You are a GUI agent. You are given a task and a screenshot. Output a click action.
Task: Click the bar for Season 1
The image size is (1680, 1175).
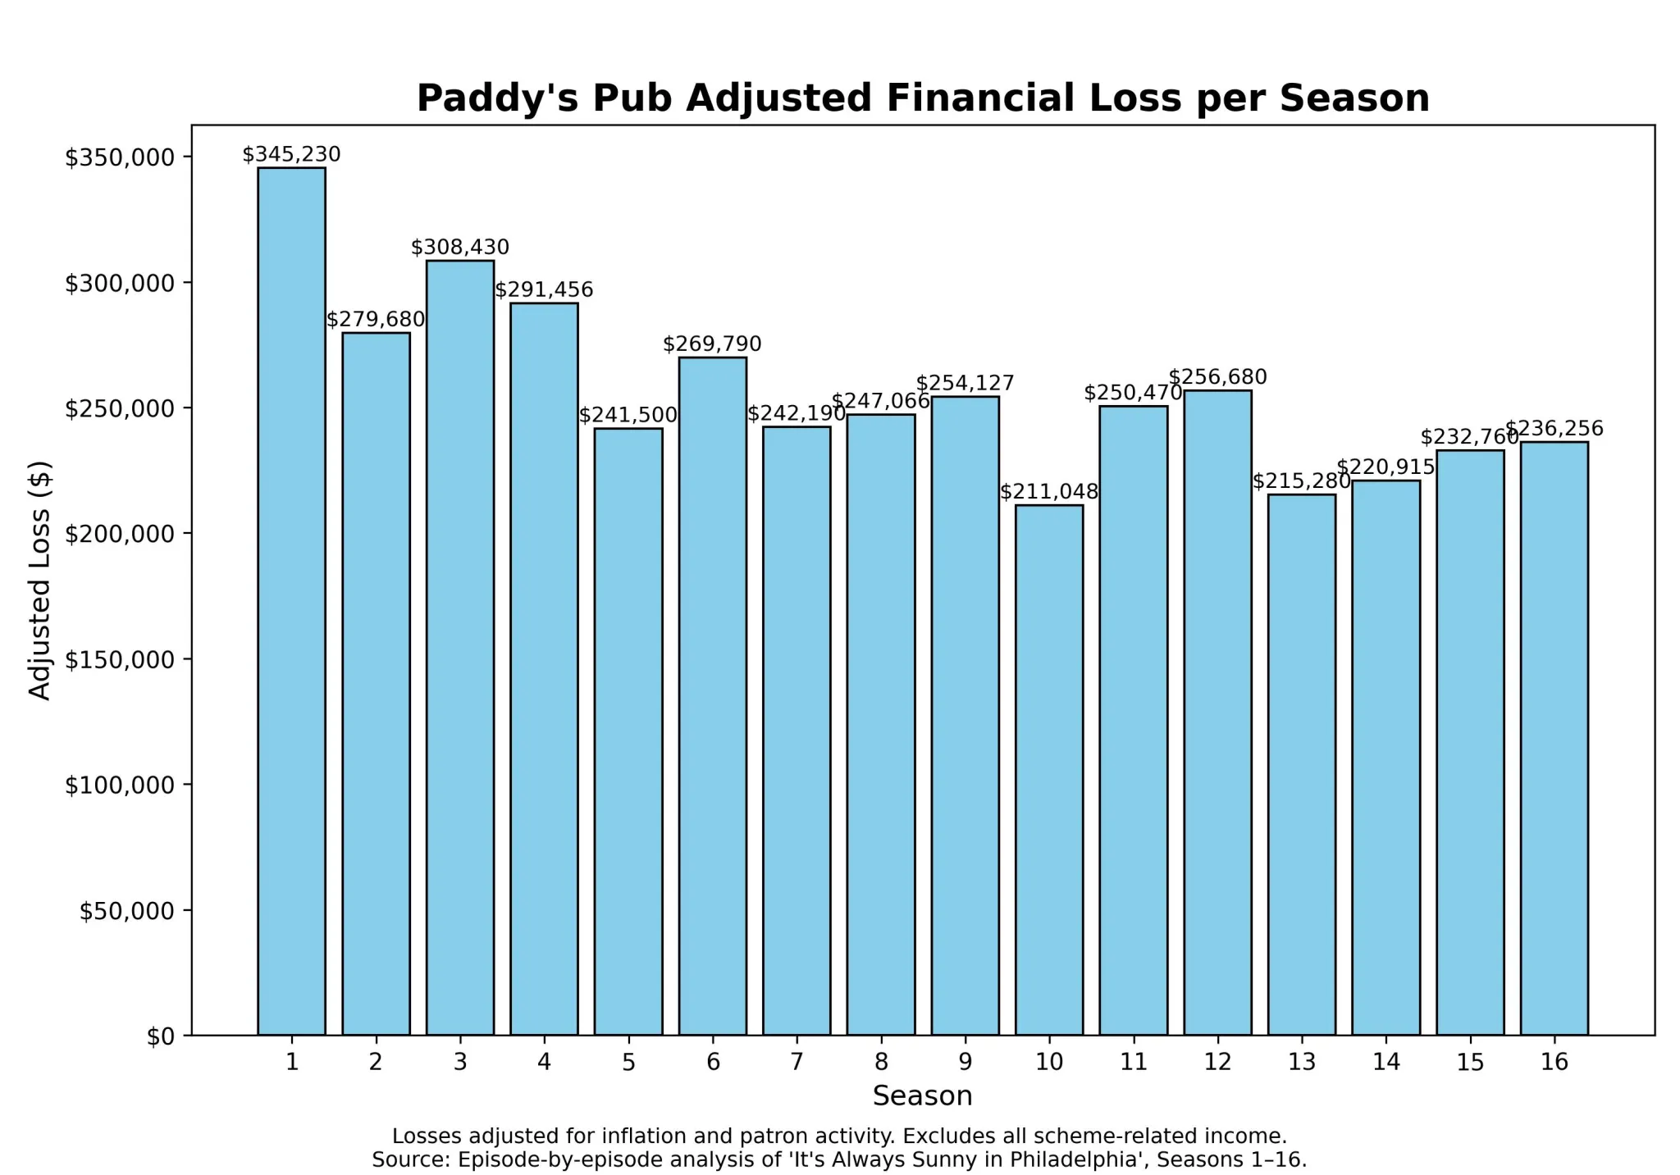(x=291, y=601)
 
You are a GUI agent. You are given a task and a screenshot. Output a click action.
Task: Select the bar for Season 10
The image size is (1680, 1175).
(x=1048, y=770)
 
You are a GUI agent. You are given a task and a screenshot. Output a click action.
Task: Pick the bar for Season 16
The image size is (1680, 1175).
(x=1554, y=738)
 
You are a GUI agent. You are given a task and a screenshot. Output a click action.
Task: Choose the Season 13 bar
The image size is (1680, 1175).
(x=1301, y=764)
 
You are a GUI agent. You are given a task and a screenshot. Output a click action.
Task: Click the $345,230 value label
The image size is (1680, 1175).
(x=291, y=154)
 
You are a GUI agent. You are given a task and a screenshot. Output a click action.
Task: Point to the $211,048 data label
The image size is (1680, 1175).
(x=1048, y=491)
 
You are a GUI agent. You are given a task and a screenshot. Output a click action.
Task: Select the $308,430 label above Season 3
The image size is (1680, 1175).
(x=459, y=247)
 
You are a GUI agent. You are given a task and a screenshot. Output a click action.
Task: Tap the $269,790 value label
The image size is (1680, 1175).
(x=712, y=344)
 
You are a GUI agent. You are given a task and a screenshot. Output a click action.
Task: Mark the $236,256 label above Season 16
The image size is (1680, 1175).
(x=1554, y=428)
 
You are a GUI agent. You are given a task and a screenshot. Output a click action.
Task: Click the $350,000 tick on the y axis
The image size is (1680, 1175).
(x=120, y=157)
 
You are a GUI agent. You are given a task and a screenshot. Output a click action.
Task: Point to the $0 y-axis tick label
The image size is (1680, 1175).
(x=160, y=1036)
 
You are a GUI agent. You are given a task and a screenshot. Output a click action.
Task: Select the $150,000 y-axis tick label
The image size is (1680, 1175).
(x=120, y=660)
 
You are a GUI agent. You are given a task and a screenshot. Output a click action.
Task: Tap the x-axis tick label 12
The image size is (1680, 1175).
(x=1217, y=1062)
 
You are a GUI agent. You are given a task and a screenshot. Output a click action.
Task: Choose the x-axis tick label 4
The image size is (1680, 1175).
(x=544, y=1062)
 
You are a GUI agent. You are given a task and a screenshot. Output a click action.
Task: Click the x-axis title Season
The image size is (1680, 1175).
(x=922, y=1095)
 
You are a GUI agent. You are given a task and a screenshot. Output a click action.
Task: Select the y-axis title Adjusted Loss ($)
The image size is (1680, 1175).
(x=39, y=580)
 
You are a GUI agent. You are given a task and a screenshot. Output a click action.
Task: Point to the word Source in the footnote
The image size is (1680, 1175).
(x=409, y=1159)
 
